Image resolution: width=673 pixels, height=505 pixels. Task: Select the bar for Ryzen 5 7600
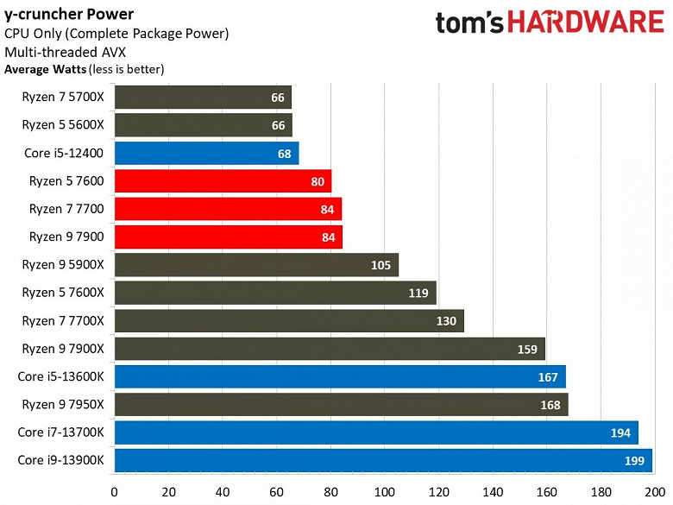[x=223, y=181]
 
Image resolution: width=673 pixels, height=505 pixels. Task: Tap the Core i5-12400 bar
[x=206, y=154]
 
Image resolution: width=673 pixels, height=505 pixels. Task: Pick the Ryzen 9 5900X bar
[x=256, y=265]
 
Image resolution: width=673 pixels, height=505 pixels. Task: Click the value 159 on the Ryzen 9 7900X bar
[x=526, y=349]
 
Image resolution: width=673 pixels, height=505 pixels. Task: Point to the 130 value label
[x=445, y=321]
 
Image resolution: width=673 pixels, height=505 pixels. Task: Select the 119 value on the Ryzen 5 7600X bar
[x=418, y=293]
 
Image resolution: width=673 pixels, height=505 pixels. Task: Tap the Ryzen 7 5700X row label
[x=63, y=98]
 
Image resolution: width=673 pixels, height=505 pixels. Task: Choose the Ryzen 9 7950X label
[x=63, y=405]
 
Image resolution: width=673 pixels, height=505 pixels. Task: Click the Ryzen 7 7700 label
[x=66, y=209]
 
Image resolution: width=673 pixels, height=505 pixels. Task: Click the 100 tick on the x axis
[x=385, y=493]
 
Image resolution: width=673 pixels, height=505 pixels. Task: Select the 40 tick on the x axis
[x=223, y=493]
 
